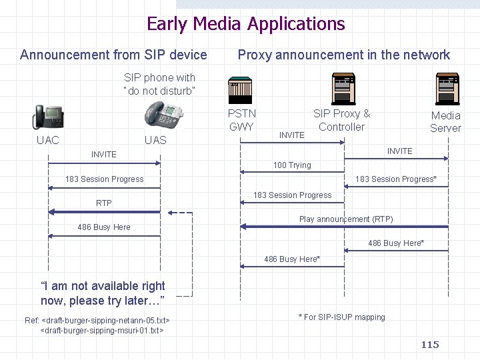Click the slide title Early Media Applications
(x=245, y=24)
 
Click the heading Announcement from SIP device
(x=113, y=55)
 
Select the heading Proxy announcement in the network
(x=344, y=55)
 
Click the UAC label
(x=47, y=140)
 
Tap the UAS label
(x=155, y=140)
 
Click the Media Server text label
(x=445, y=121)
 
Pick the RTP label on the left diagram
(x=104, y=203)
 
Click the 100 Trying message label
(x=292, y=165)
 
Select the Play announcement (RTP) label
(x=346, y=219)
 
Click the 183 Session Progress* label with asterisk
(x=396, y=179)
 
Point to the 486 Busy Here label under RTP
(x=104, y=227)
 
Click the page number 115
(x=430, y=345)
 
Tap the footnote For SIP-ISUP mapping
(x=341, y=317)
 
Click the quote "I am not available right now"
(x=103, y=293)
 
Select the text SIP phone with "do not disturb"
(x=159, y=84)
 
